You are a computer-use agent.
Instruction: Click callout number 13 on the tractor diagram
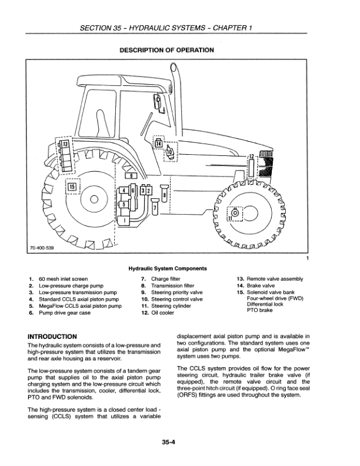(x=66, y=144)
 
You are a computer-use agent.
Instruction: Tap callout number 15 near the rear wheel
(x=72, y=188)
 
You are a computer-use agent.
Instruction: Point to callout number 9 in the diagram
(x=133, y=175)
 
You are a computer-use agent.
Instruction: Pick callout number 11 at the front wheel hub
(x=232, y=217)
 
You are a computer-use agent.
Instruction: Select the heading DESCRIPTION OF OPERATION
(x=166, y=50)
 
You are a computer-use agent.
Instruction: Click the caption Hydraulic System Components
(x=166, y=269)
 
